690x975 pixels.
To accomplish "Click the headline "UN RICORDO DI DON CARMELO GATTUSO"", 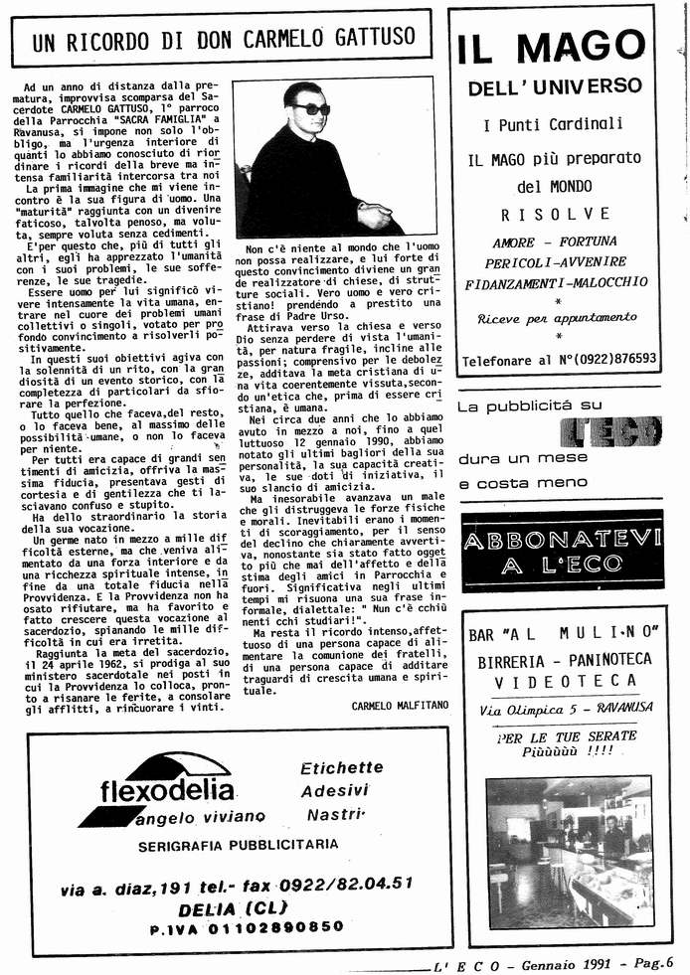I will [223, 41].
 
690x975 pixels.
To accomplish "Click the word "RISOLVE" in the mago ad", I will [555, 214].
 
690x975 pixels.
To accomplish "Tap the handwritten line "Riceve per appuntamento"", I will [557, 318].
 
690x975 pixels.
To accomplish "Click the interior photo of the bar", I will [569, 853].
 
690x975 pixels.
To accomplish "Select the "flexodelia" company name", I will [168, 791].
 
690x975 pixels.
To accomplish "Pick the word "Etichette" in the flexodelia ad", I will [341, 768].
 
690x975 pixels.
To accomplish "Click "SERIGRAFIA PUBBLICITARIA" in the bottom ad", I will [225, 845].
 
